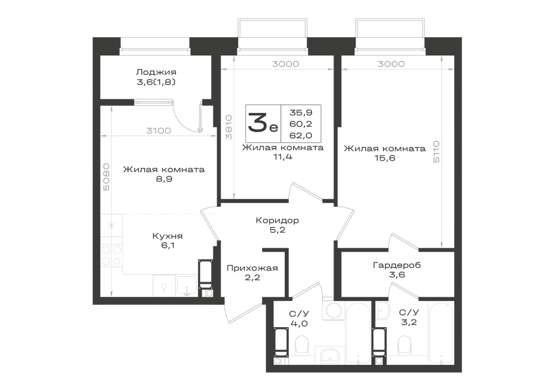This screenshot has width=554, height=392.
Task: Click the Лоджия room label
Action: click(x=156, y=72)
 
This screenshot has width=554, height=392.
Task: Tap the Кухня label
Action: click(x=167, y=236)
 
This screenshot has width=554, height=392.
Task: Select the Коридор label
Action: click(x=278, y=221)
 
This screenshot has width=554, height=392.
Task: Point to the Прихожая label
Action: click(x=252, y=268)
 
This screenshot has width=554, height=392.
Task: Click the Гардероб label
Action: click(x=397, y=265)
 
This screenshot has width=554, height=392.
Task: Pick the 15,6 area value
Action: click(x=385, y=158)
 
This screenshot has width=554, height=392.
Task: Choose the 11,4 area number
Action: click(x=283, y=157)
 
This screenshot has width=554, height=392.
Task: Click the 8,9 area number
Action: click(x=164, y=179)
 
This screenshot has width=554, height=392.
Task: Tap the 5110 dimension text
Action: click(x=437, y=151)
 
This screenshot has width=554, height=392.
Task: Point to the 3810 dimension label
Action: click(x=229, y=127)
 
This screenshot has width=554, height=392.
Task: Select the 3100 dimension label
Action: click(x=158, y=131)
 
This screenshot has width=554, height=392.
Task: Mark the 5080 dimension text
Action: click(x=106, y=177)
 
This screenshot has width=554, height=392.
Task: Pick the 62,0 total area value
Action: click(x=301, y=135)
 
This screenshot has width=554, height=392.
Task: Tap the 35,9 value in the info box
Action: click(x=301, y=113)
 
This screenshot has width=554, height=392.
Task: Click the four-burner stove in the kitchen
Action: click(x=111, y=256)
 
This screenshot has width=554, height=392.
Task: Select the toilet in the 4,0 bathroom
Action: click(x=301, y=344)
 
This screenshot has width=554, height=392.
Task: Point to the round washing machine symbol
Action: click(x=333, y=310)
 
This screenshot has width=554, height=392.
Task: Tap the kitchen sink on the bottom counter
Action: click(x=187, y=286)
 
